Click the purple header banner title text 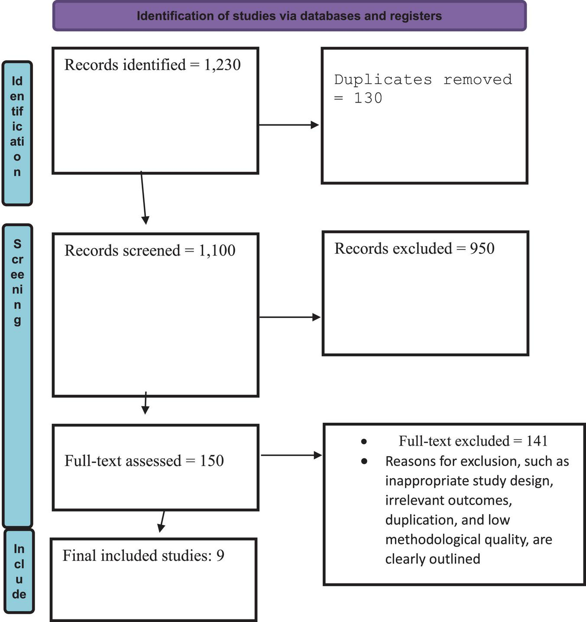[289, 16]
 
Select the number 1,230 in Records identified [222, 65]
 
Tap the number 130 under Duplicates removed [368, 98]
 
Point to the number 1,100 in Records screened [217, 250]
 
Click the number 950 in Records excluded [482, 249]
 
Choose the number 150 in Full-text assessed [212, 460]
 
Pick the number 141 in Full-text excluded [537, 441]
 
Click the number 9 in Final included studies [220, 555]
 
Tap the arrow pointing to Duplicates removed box [289, 125]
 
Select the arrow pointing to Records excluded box [290, 317]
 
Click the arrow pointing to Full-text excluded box [291, 455]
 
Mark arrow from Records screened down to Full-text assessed [146, 403]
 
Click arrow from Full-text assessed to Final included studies [162, 521]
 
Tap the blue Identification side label [17, 133]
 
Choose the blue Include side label [19, 571]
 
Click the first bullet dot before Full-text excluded [364, 442]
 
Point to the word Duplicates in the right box [383, 80]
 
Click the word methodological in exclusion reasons [433, 540]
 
